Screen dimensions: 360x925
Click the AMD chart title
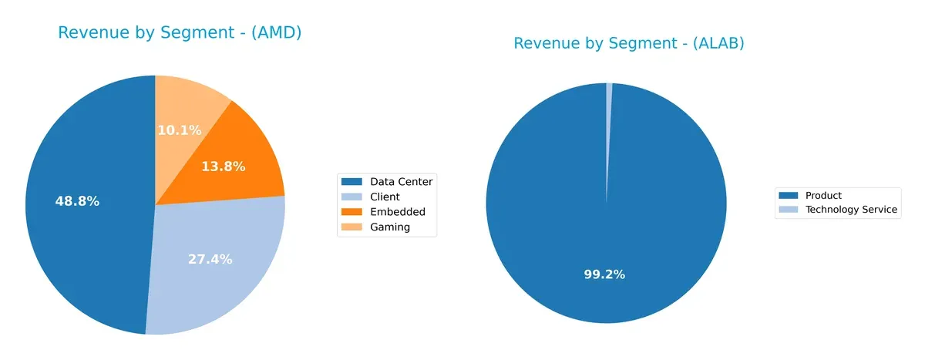[180, 32]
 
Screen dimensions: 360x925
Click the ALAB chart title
[628, 43]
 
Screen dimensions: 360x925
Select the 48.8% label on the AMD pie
[77, 201]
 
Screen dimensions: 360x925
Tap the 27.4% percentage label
[210, 259]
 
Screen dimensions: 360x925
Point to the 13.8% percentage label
[223, 166]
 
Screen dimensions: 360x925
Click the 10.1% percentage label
[179, 130]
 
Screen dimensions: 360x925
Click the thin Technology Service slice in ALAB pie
[608, 116]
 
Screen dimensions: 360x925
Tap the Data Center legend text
[401, 182]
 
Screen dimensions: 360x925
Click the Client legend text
[385, 197]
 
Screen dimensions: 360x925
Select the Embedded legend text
[397, 212]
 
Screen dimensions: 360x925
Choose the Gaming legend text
[390, 227]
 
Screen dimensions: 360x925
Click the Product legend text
[823, 195]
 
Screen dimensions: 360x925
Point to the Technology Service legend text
[851, 210]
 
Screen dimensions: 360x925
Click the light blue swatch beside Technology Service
[789, 210]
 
